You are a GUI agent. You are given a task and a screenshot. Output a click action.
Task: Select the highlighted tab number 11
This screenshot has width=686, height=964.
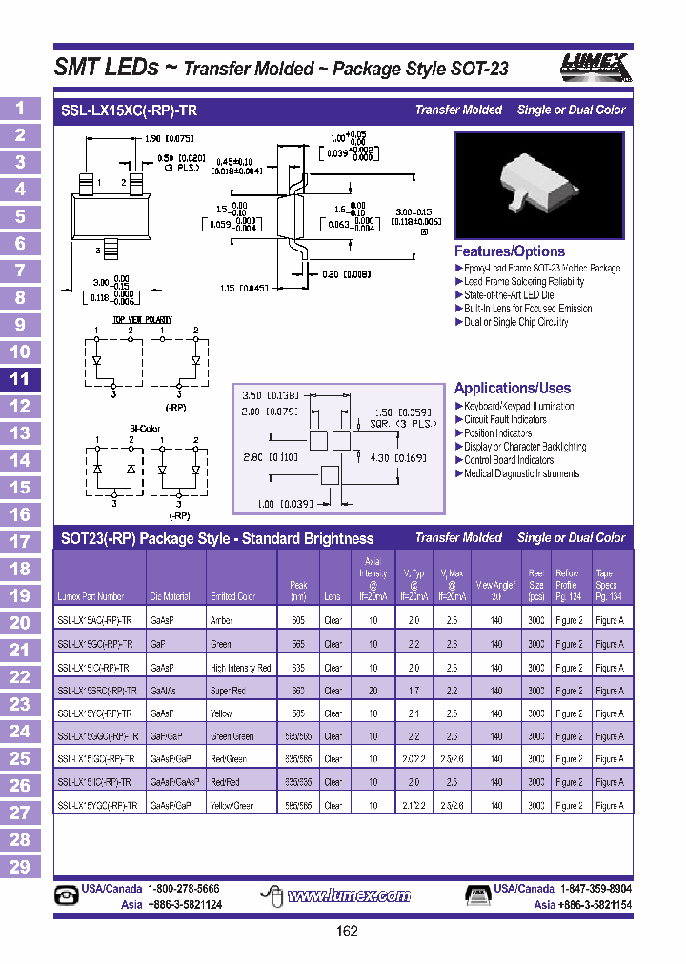tap(20, 379)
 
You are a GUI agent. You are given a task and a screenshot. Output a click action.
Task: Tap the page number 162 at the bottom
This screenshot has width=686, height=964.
tap(348, 931)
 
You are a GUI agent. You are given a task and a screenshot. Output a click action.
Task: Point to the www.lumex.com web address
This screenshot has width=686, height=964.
tap(349, 895)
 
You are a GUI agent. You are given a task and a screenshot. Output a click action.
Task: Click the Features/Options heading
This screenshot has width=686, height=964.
tap(510, 251)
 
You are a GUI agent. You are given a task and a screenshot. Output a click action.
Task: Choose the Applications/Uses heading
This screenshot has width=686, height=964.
tap(513, 388)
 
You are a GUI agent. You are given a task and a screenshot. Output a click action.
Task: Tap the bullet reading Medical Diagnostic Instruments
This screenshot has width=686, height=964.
tap(521, 473)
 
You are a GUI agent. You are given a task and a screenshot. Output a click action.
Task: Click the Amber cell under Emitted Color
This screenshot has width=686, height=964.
tap(222, 620)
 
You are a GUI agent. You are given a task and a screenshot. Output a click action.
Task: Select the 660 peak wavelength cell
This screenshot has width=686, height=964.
tap(298, 691)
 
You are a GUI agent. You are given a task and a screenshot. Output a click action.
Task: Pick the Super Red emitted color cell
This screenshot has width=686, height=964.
tap(229, 691)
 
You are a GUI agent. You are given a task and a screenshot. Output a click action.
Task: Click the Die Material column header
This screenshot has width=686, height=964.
tap(171, 597)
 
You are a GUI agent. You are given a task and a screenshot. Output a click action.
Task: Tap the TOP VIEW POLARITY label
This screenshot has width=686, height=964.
tap(143, 320)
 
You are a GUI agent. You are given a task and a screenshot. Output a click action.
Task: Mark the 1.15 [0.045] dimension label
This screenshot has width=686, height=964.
tap(248, 288)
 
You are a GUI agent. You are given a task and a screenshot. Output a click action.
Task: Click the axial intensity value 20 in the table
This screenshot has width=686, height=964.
tap(373, 691)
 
